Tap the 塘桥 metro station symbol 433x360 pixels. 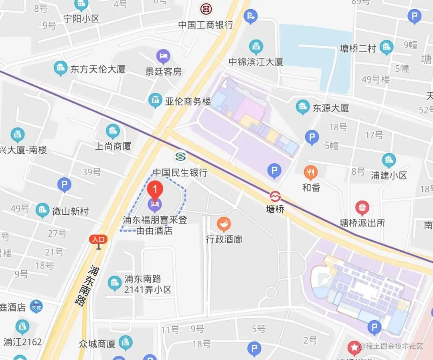[x=275, y=197]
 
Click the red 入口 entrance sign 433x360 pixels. [x=98, y=240]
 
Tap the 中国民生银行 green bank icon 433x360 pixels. [x=180, y=157]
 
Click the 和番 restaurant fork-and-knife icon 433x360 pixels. [x=311, y=173]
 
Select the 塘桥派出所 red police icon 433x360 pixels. [x=362, y=207]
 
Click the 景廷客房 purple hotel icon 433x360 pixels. [x=163, y=57]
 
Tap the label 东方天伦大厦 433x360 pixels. [x=98, y=69]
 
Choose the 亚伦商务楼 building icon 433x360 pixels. [x=155, y=101]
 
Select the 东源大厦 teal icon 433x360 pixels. [x=302, y=107]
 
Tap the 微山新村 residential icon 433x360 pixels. [x=42, y=210]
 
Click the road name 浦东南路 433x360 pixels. [x=83, y=285]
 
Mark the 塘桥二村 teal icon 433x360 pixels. [x=386, y=47]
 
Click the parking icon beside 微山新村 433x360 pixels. [x=64, y=185]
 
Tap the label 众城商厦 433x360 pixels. [x=97, y=344]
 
